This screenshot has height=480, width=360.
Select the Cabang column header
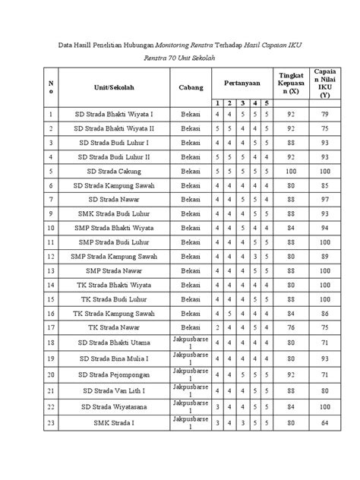(x=191, y=87)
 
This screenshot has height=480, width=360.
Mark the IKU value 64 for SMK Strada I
(x=326, y=423)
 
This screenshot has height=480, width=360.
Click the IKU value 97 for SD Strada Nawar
(x=326, y=198)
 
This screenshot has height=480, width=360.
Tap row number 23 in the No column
(x=52, y=423)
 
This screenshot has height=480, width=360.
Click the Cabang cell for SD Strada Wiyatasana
(x=191, y=407)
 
